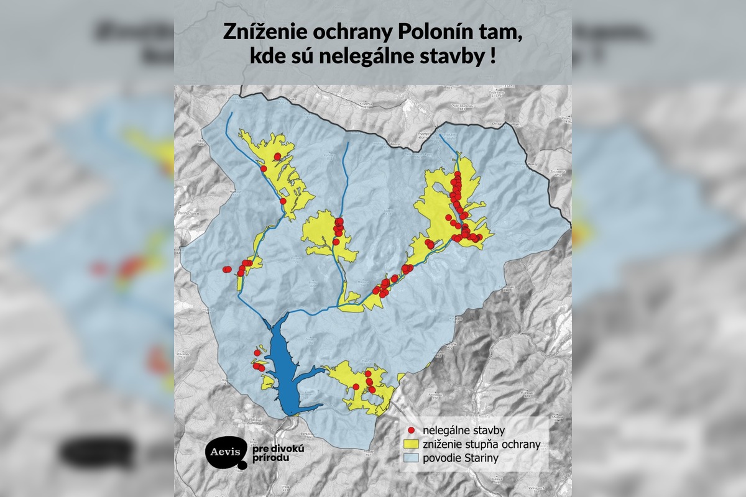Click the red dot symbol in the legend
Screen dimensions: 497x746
[x=411, y=430]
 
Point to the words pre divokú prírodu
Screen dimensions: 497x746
[x=275, y=452]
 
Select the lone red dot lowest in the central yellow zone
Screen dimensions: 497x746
[x=336, y=242]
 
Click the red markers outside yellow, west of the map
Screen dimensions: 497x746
[x=227, y=269]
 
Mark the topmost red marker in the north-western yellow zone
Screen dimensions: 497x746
[x=278, y=156]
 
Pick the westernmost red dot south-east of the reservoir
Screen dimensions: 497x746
[x=356, y=386]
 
